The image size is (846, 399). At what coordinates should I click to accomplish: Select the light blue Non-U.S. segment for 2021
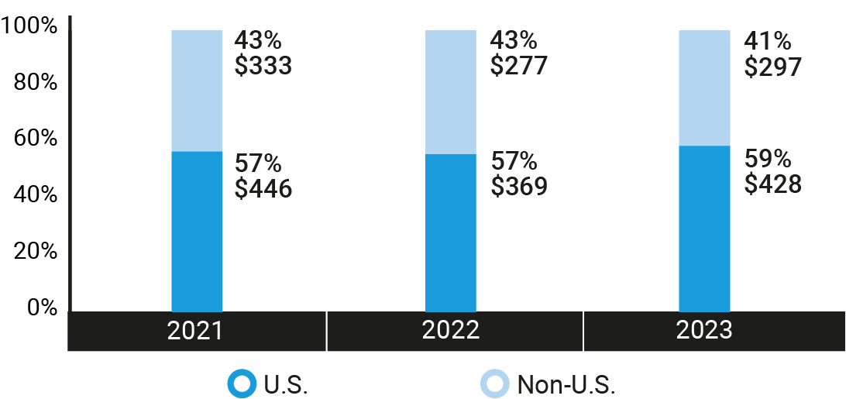coord(197,91)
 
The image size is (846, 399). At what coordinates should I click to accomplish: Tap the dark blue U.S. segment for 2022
coord(451,232)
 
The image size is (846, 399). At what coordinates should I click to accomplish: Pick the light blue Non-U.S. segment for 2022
coord(451,92)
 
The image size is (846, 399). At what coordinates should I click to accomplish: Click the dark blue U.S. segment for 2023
coord(704,229)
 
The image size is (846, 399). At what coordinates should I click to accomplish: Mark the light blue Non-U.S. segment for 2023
coord(704,88)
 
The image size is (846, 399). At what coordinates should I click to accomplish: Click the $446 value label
coord(263,188)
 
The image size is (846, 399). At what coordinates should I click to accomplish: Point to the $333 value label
coord(263,67)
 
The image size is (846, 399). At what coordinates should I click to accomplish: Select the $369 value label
coord(519,187)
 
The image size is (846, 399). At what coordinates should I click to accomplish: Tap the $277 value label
coord(519,66)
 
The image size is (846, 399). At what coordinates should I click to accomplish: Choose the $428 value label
coord(772,184)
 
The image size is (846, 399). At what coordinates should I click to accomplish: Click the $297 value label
coord(772,67)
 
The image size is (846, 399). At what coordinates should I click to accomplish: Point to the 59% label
coord(767,159)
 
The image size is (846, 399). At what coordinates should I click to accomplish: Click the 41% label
coord(767,41)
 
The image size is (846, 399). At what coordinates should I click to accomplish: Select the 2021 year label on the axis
coord(196,331)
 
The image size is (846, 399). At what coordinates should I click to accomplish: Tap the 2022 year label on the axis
coord(451,331)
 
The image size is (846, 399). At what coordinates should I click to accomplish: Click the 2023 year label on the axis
coord(704,331)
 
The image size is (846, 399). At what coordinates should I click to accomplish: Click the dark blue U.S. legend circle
coord(241,383)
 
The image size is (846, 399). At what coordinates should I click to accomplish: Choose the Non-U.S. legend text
coord(566,384)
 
